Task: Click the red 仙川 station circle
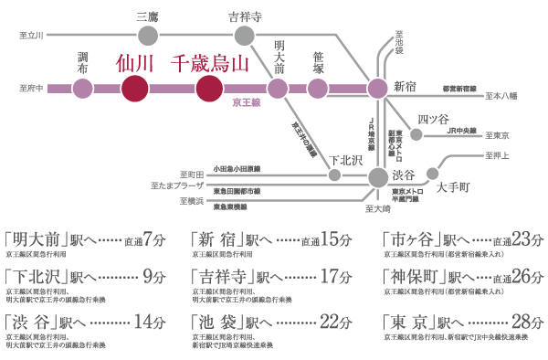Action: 134,89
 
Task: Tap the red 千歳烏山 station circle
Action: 209,89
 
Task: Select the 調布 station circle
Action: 83,89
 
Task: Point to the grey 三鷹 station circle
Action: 146,36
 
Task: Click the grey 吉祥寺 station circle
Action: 244,36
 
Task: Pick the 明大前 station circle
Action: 280,89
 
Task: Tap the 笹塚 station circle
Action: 318,89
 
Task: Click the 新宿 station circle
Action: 377,89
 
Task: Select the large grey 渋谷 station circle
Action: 377,175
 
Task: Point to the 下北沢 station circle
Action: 334,175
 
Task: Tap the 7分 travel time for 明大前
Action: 158,241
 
